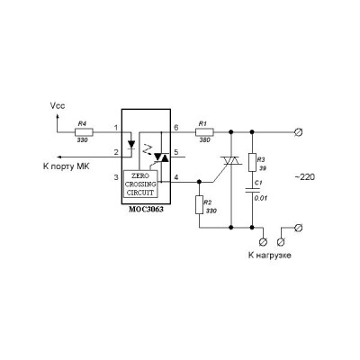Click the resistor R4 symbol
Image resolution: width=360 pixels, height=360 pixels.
point(84,132)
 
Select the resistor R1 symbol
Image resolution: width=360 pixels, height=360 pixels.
point(204,132)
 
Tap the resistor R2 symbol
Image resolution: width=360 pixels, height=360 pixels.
point(199,204)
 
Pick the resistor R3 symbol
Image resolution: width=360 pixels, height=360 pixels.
point(252,162)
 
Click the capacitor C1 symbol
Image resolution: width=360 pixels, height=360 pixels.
point(252,190)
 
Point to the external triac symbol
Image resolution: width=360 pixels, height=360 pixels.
point(231,161)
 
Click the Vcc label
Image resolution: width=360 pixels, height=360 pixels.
point(58,106)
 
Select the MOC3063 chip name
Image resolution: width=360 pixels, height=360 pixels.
point(146,209)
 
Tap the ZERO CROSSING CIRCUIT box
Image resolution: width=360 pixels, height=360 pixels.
point(141,184)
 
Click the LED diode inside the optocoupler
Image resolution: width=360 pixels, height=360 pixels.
point(131,145)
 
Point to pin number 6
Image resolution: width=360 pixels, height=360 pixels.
point(176,128)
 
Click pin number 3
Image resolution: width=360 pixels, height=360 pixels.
point(116,177)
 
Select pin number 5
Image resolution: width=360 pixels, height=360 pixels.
point(176,152)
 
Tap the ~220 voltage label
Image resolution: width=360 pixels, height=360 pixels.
point(304,177)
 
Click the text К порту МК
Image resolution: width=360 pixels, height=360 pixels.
point(67,166)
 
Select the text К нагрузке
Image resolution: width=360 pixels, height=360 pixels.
point(270,256)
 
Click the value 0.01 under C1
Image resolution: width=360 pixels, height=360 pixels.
point(261,198)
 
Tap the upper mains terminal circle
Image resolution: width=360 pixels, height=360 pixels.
point(298,132)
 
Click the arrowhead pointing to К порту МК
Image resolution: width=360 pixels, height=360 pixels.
point(60,157)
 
